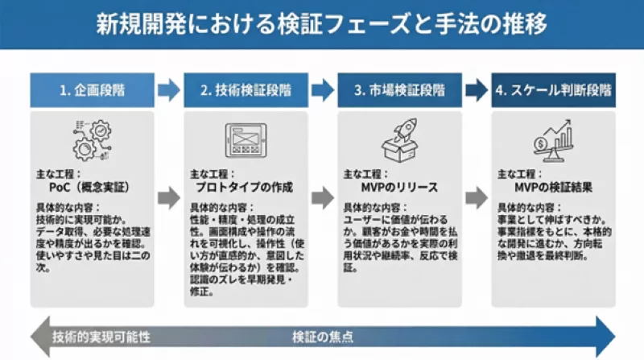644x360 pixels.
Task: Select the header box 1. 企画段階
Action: tap(92, 90)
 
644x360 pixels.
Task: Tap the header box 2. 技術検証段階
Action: tap(246, 90)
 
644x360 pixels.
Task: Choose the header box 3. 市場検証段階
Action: tap(399, 90)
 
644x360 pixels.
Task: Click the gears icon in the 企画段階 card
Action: tap(92, 138)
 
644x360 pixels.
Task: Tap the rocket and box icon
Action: tap(399, 139)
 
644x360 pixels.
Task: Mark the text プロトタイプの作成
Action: tap(241, 187)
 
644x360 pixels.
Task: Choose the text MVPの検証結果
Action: tap(553, 187)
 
